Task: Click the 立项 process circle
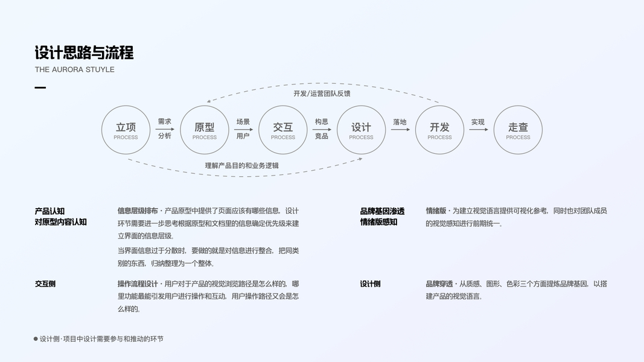coord(126,130)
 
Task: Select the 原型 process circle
coord(205,130)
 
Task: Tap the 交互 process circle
coord(282,130)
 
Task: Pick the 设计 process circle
coord(361,130)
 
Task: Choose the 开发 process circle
coord(439,130)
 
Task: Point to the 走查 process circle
coord(518,130)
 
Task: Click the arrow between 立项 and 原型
coord(165,129)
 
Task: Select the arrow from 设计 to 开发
coord(400,129)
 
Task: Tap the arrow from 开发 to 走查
coord(478,129)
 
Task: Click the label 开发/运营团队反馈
coord(322,94)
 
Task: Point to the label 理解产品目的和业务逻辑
coord(241,165)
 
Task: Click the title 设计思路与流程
coord(84,52)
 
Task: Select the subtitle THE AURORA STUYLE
coord(74,69)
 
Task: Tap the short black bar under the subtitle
coord(40,88)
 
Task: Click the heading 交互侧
coord(45,284)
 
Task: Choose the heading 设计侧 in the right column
coord(370,284)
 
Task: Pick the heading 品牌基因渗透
coord(382,211)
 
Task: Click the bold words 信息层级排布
coord(138,211)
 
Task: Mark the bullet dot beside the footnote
coord(36,339)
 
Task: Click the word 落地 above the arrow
coord(400,122)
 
